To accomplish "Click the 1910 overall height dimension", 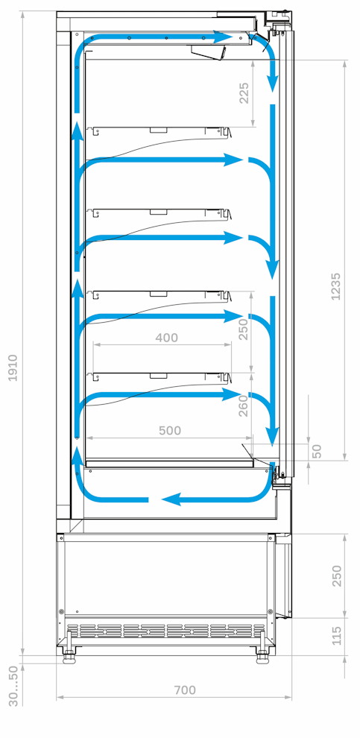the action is pyautogui.click(x=13, y=368).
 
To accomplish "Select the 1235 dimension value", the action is pyautogui.click(x=335, y=287).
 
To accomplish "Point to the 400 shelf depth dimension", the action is pyautogui.click(x=167, y=338).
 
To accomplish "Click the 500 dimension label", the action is pyautogui.click(x=169, y=430).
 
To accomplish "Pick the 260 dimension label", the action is pyautogui.click(x=243, y=406).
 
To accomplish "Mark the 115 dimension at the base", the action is pyautogui.click(x=336, y=636).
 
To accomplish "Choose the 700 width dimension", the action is pyautogui.click(x=185, y=690).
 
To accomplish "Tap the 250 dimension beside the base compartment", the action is pyautogui.click(x=337, y=575).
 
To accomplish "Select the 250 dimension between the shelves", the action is pyautogui.click(x=243, y=329).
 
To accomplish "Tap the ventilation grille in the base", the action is pyautogui.click(x=166, y=631).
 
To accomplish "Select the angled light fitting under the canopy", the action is pyautogui.click(x=209, y=52).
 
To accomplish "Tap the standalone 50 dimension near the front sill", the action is pyautogui.click(x=317, y=451).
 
